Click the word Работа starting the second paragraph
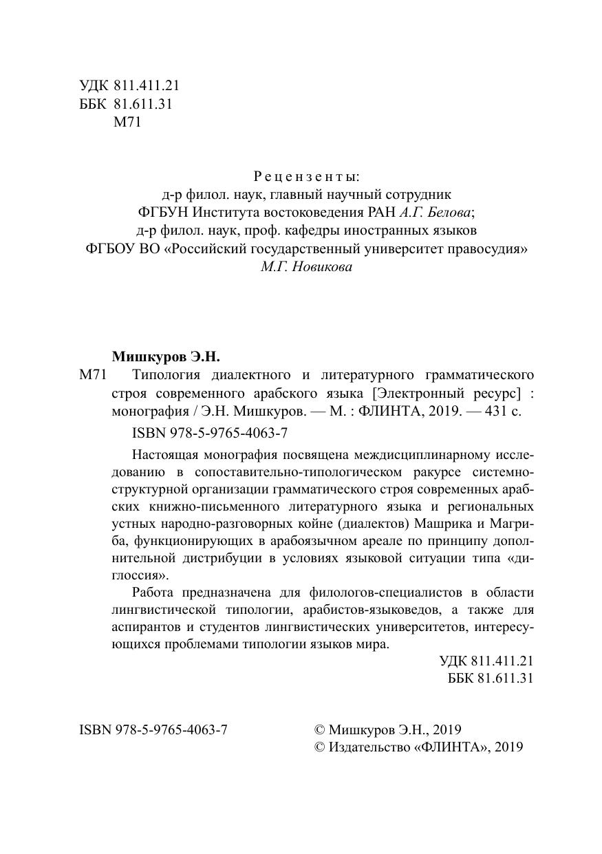(152, 593)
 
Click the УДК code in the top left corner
(129, 87)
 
